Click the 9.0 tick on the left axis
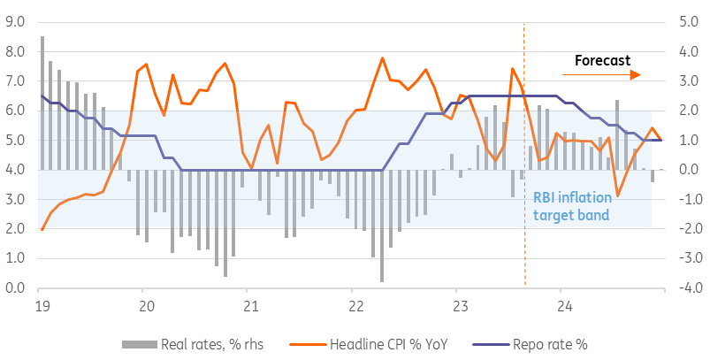[x=16, y=22]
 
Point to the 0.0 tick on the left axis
[x=16, y=288]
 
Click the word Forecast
[x=602, y=60]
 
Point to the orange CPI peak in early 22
[x=382, y=58]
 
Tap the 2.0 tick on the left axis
[x=16, y=229]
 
